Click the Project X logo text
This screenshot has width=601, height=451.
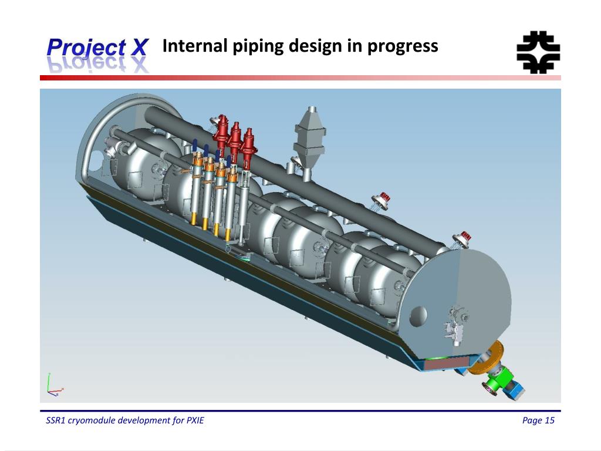pyautogui.click(x=97, y=47)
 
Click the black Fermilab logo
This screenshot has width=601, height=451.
pyautogui.click(x=538, y=52)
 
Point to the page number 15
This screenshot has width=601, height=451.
pyautogui.click(x=549, y=420)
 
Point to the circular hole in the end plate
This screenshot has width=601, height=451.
pyautogui.click(x=418, y=316)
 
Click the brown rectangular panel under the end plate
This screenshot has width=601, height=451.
pyautogui.click(x=447, y=365)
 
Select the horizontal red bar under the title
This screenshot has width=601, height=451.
pyautogui.click(x=300, y=78)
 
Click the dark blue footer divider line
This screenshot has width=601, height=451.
pyautogui.click(x=300, y=410)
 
